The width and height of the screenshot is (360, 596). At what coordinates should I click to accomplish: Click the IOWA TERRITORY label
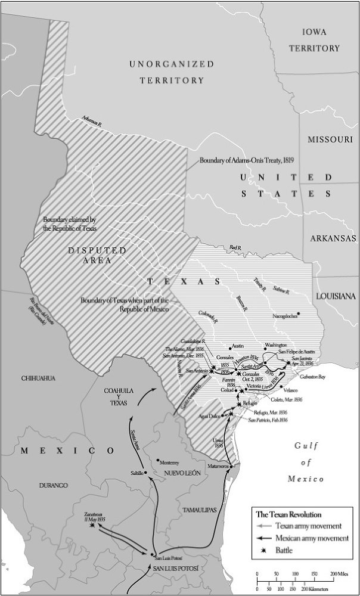coord(321,39)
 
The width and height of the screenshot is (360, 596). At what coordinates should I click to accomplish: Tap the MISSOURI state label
coord(331,139)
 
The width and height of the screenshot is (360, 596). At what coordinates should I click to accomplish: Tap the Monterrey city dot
coord(157,460)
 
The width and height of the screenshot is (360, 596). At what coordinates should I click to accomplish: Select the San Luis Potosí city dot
coord(153,554)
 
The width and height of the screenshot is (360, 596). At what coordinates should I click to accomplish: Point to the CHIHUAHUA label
coord(38,378)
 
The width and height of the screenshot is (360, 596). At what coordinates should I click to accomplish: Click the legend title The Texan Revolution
coord(288,514)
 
